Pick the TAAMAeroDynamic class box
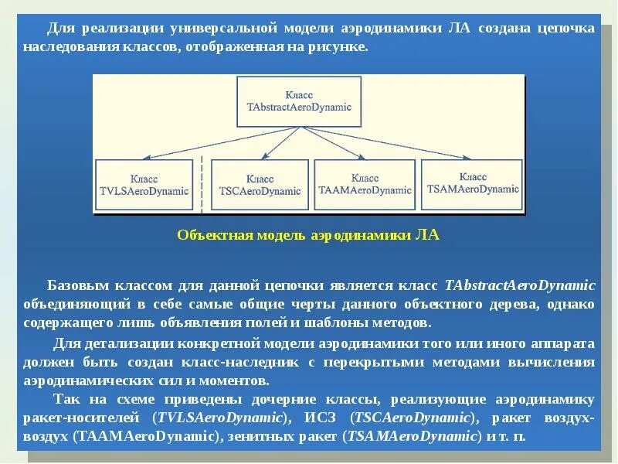coord(365,184)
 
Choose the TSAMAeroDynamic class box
coord(473,183)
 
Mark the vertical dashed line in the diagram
coord(202,183)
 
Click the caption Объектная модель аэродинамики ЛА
coord(307,235)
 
